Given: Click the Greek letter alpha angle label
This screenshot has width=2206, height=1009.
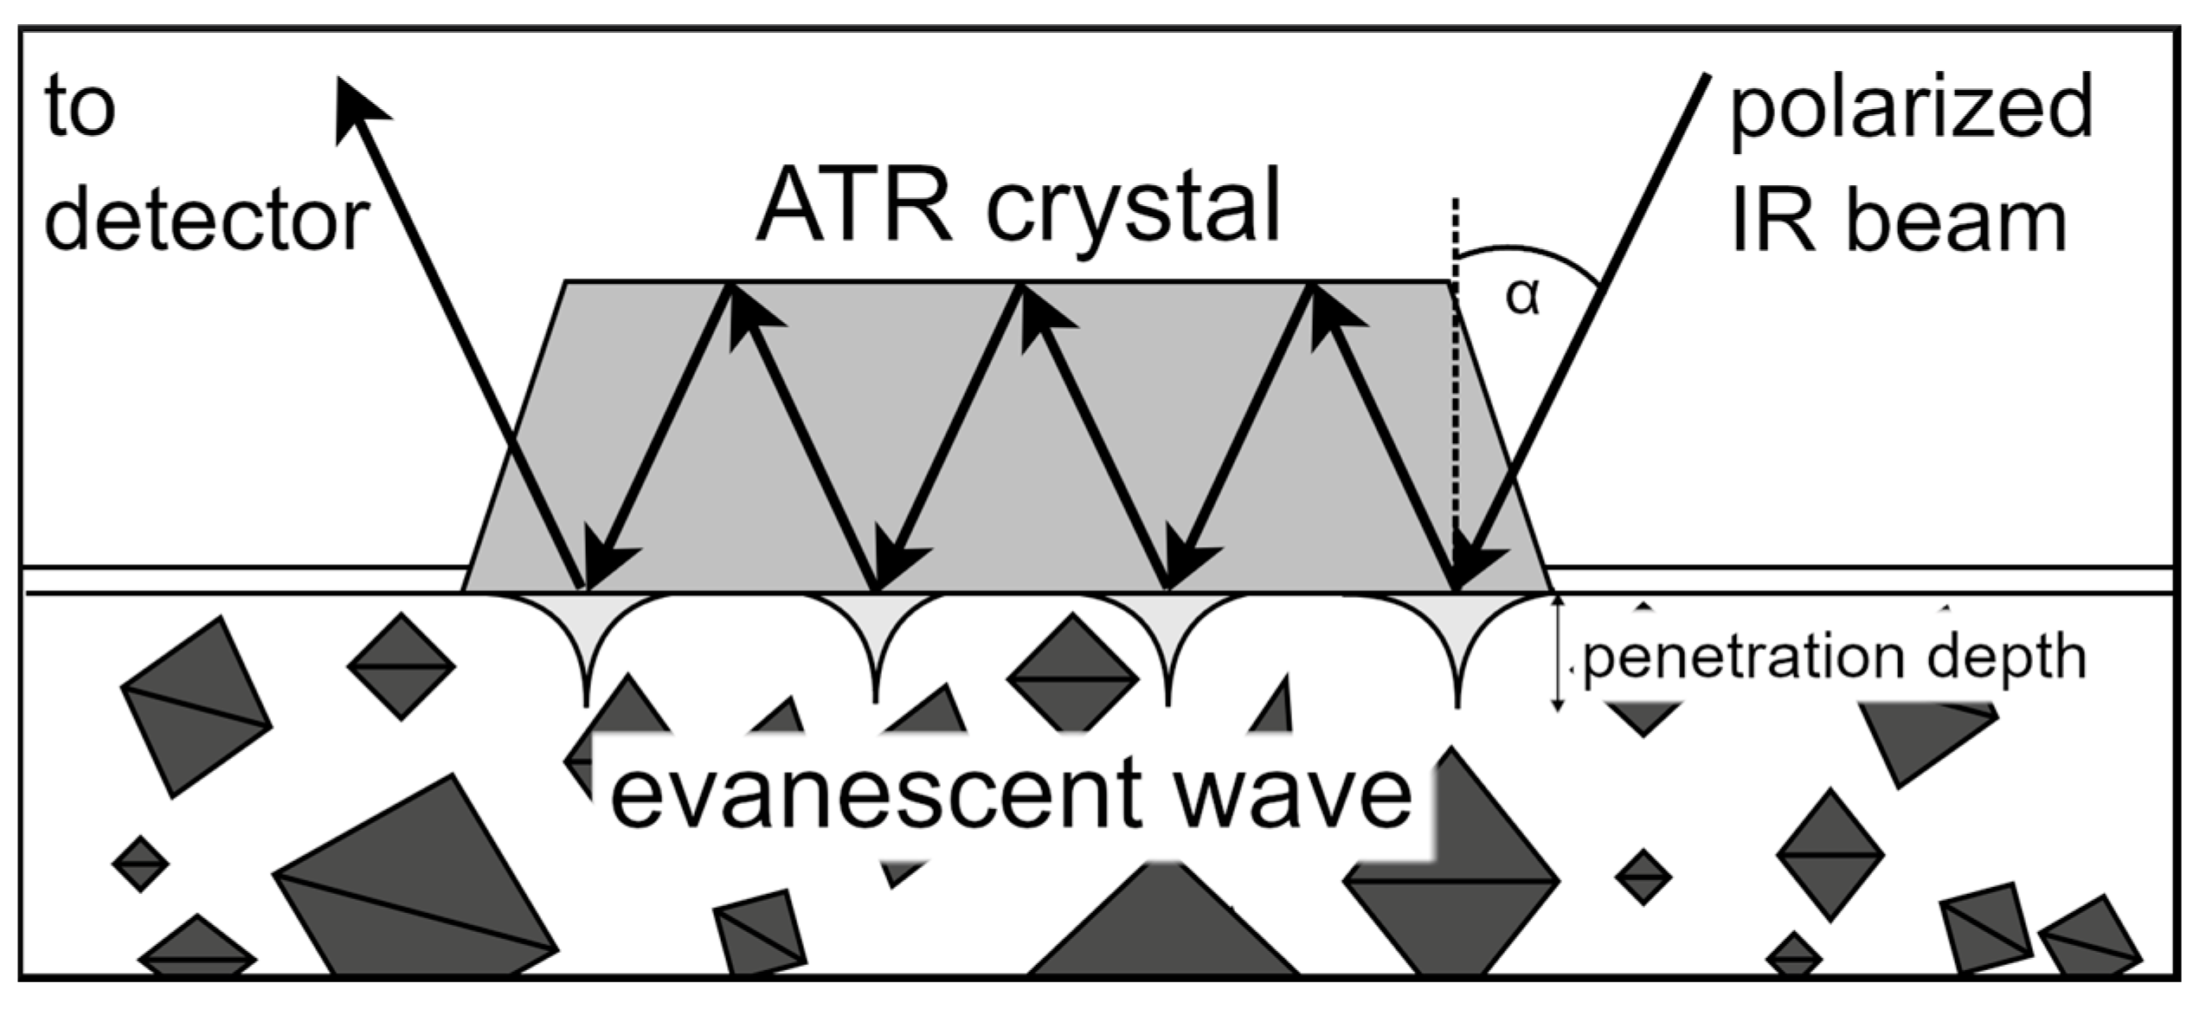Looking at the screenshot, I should [1522, 297].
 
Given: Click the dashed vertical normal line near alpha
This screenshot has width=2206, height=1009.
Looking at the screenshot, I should [1457, 389].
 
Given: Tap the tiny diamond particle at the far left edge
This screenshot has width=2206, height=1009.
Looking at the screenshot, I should [140, 863].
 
